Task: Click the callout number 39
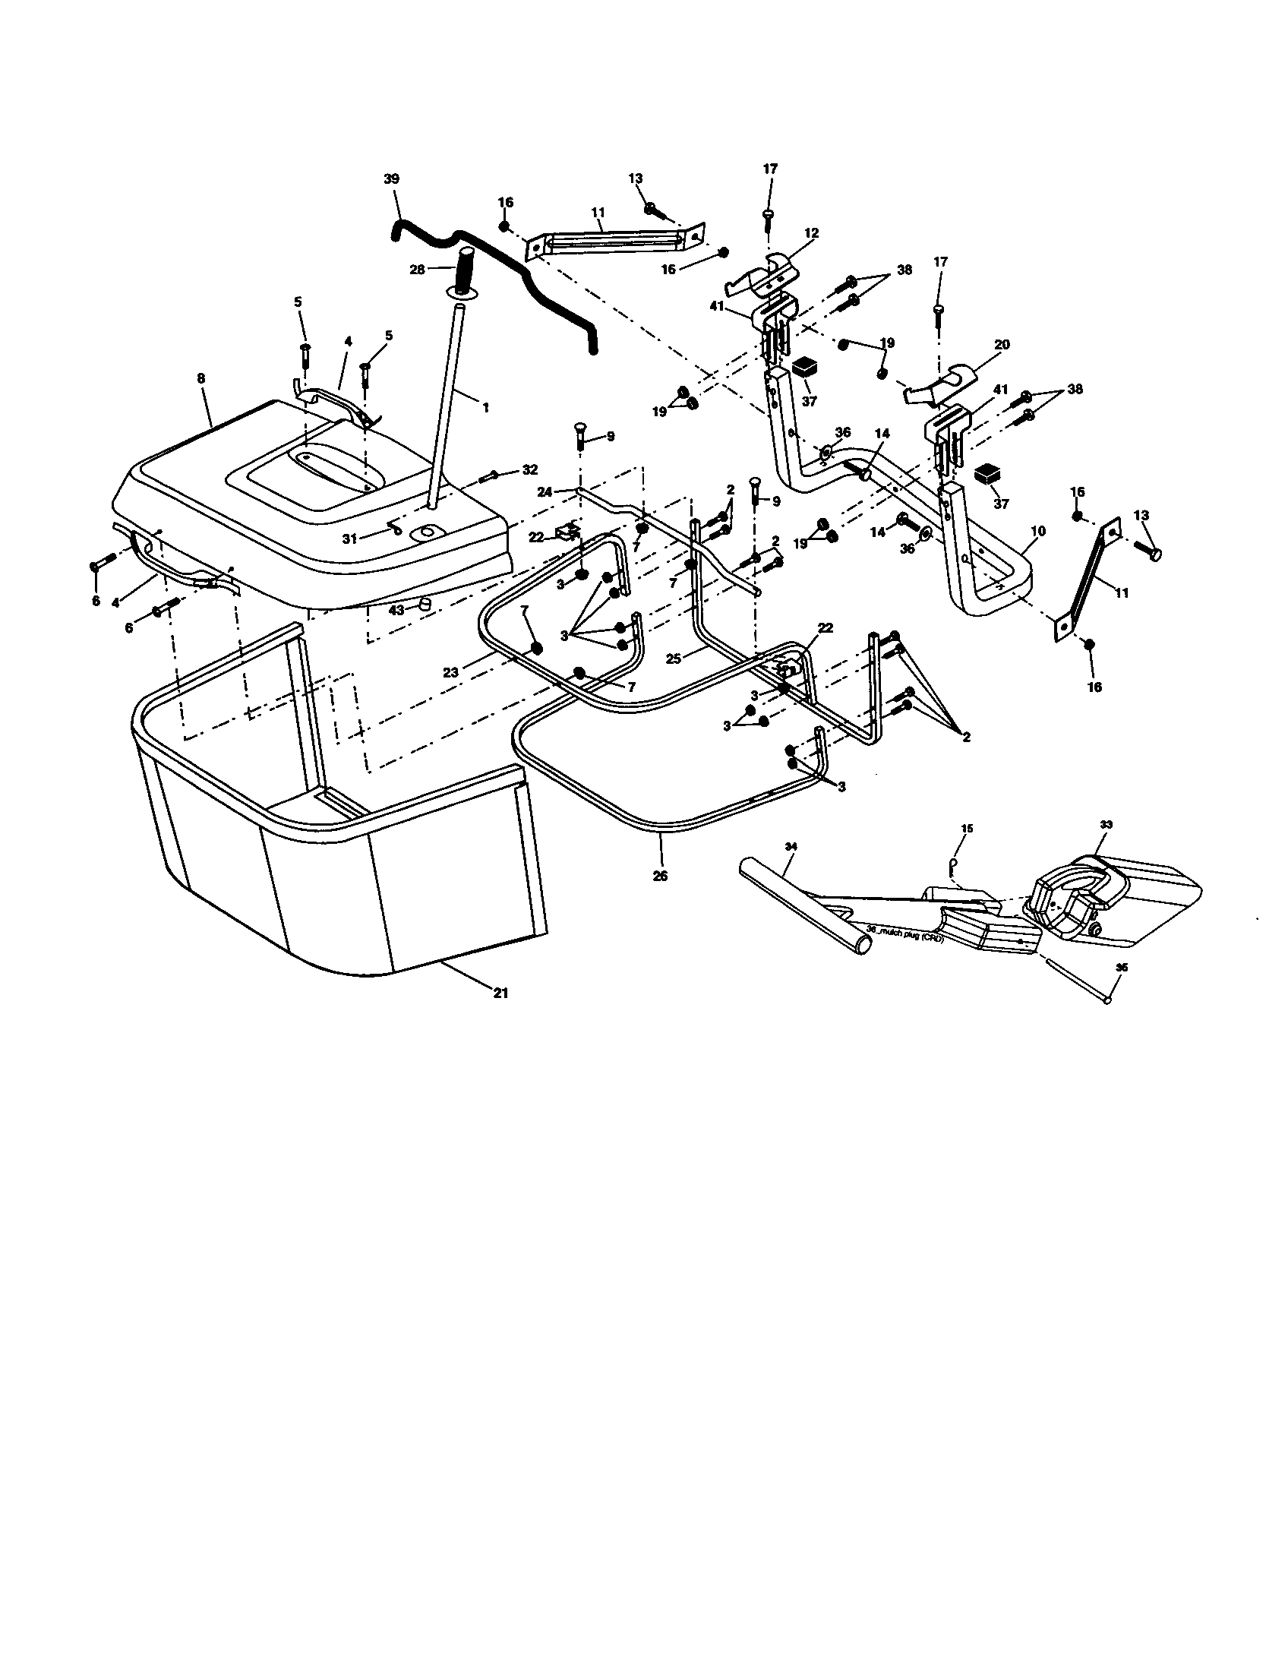391,179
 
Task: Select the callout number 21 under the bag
500,993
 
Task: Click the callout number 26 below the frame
660,876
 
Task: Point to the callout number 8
201,378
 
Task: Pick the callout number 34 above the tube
791,846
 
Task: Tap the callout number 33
1106,825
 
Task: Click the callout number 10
1038,531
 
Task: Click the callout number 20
1002,345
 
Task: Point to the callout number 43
396,610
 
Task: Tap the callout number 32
529,469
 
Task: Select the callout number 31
349,539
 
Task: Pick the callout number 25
673,657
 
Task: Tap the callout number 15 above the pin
967,829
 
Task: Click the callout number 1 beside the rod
485,407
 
